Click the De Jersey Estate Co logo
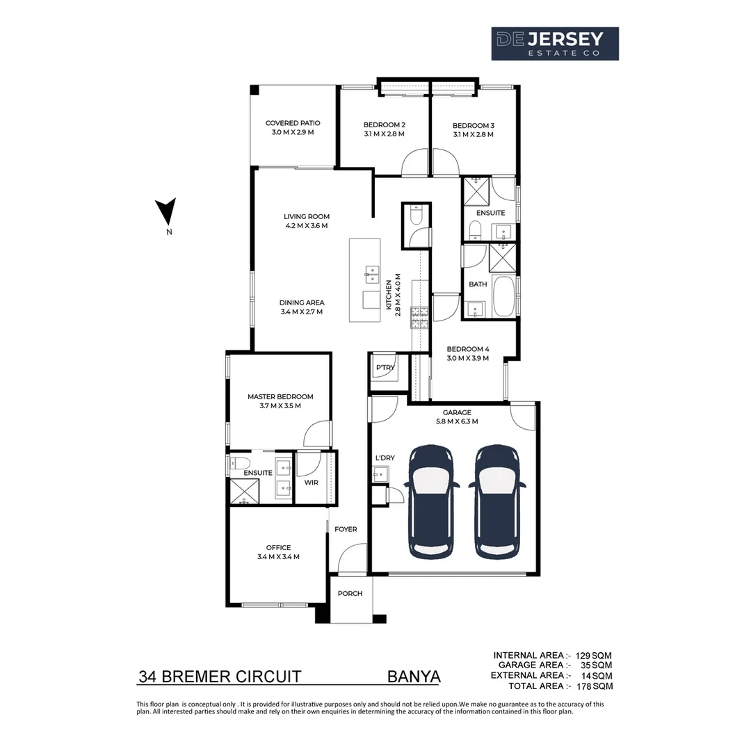point(555,44)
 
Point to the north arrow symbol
point(165,211)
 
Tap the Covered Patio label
point(293,123)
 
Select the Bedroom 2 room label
point(384,125)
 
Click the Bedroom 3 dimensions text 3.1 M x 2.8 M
point(474,135)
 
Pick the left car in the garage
point(431,501)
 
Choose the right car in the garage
point(497,501)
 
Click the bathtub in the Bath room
point(503,296)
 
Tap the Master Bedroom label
point(280,396)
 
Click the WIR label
point(312,483)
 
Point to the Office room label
point(278,547)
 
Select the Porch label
point(350,593)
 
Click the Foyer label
point(346,529)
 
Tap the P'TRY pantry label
point(385,367)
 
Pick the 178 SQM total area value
point(595,686)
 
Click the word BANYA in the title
point(414,677)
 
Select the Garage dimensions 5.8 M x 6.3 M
point(457,421)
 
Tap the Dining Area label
point(302,302)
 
